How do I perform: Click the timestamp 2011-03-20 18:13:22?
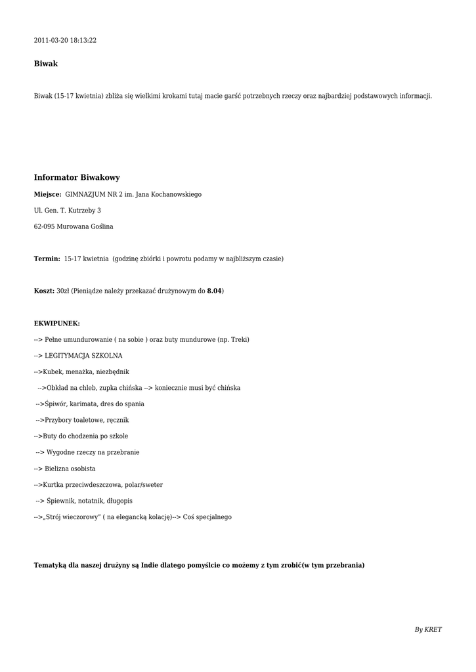tap(65, 41)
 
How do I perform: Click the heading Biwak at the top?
tap(46, 64)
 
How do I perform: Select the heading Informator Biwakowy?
tap(77, 178)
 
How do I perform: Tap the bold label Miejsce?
tap(48, 195)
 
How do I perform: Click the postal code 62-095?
tap(45, 227)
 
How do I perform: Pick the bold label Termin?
tap(47, 259)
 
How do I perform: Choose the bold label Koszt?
tap(44, 291)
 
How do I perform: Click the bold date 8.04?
tap(214, 291)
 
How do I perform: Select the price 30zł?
tap(63, 291)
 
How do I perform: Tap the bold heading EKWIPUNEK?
tap(57, 324)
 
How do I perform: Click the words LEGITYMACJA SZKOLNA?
tap(83, 356)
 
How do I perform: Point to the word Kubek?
tap(53, 372)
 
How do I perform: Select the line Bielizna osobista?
tap(70, 469)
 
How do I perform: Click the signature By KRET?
tap(428, 630)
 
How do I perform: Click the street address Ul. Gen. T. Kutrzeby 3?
tap(68, 211)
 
